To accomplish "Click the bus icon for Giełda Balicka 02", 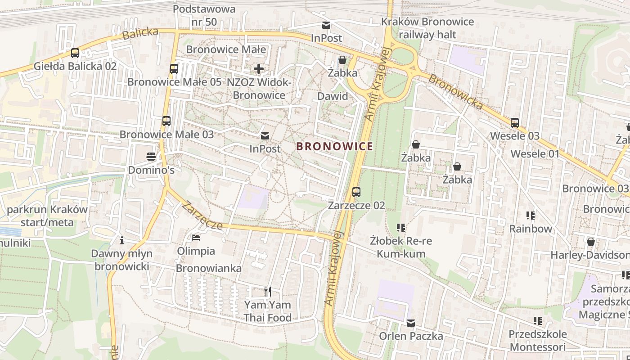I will point(75,53).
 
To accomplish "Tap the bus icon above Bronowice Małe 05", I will point(174,69).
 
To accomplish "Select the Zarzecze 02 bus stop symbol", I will point(356,192).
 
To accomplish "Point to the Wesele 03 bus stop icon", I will point(515,122).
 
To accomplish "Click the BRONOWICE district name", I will point(334,146).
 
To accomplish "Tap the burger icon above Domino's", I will point(151,157).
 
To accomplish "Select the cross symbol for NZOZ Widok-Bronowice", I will point(259,69).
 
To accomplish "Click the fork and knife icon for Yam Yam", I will point(268,292).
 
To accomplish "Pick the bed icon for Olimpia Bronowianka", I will point(196,237).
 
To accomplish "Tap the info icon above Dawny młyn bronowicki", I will point(121,240).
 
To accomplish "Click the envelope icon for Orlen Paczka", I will point(411,323).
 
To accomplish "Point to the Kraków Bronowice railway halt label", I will point(427,28).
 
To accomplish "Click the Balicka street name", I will point(140,34).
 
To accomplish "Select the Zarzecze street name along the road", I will point(202,216).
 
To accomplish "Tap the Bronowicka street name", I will point(455,92).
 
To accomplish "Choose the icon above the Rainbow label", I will point(531,216).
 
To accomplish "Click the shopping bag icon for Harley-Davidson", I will point(591,242).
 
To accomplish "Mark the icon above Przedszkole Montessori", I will point(537,321).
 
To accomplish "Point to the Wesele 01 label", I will point(535,154).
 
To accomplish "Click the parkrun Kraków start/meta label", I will point(47,216).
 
